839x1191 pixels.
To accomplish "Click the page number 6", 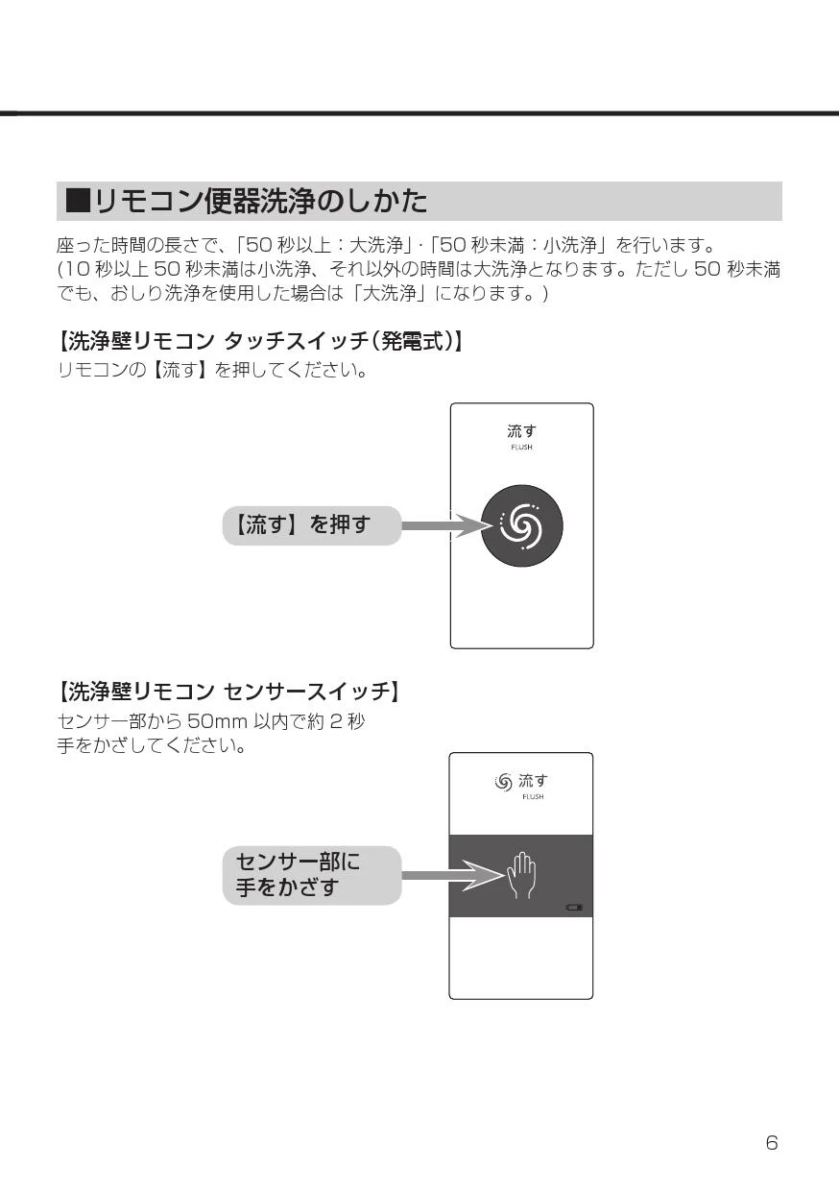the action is [x=772, y=1143].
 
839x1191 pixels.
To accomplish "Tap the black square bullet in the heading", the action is [x=78, y=201].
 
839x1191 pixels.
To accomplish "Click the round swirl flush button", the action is [x=521, y=525].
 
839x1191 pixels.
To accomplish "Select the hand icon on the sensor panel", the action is [x=521, y=875].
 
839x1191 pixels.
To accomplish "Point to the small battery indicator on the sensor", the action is [x=574, y=907].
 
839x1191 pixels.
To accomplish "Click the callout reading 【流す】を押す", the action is [x=311, y=525].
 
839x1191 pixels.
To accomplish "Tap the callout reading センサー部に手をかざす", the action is [x=311, y=875].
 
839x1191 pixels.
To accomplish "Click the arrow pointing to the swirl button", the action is [x=447, y=525].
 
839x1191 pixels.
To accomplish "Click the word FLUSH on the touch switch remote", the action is [x=521, y=448].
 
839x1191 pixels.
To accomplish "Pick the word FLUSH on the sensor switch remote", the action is [x=533, y=796].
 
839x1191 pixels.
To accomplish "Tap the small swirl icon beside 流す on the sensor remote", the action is [x=503, y=782].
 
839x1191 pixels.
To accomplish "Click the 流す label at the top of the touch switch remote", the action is [x=521, y=430].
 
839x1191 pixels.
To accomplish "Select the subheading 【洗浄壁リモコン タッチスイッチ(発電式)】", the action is [x=260, y=341].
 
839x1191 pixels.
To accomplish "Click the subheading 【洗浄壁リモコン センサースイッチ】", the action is [x=228, y=692].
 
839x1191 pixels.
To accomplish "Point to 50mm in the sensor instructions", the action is [x=217, y=721].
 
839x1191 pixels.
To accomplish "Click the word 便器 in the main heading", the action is [x=231, y=201].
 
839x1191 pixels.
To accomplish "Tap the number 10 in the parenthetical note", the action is [x=76, y=269].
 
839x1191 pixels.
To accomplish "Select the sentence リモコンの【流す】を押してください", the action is [x=212, y=369].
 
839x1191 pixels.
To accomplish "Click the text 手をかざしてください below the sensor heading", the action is [x=152, y=745].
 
